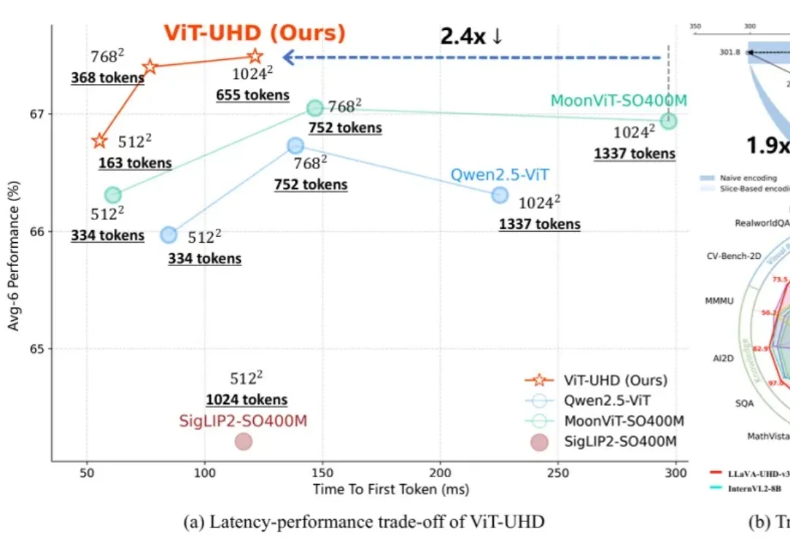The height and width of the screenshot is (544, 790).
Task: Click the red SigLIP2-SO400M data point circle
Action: click(x=244, y=441)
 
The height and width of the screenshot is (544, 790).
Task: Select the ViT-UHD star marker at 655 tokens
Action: click(x=255, y=56)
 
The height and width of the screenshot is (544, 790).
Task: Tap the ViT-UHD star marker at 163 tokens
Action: click(x=99, y=140)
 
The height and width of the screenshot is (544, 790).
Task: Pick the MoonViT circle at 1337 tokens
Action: click(x=669, y=121)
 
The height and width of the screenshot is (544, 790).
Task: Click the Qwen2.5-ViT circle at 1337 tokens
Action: click(x=500, y=194)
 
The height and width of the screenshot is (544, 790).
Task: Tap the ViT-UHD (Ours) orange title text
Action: click(x=254, y=34)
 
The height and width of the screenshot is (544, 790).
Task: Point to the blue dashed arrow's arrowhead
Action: click(x=288, y=57)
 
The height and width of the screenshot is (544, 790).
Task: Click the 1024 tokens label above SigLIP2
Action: click(x=247, y=400)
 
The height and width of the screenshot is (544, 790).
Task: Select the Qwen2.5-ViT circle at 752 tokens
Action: click(x=295, y=146)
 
